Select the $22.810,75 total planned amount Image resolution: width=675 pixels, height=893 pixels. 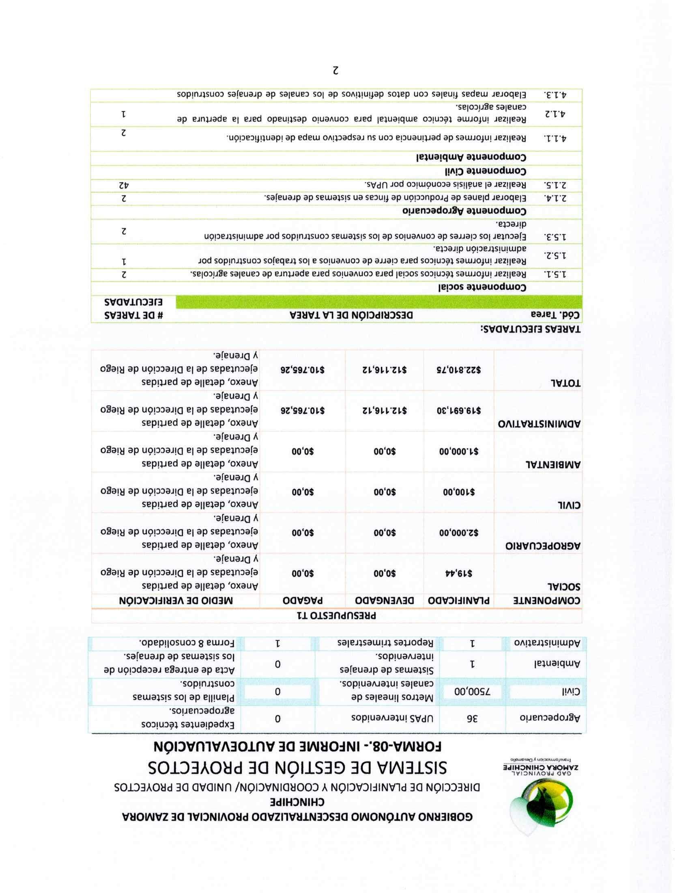459,370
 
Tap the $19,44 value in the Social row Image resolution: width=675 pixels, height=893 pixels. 459,573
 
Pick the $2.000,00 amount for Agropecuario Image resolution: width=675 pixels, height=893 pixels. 459,532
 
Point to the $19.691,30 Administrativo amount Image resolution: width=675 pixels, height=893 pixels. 459,410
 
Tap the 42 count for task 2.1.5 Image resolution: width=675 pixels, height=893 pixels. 124,185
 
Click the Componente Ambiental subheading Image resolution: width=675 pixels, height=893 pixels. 471,157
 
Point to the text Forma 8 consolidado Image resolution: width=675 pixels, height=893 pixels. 187,643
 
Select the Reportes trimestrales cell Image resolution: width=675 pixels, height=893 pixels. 385,643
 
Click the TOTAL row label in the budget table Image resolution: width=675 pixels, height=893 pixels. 565,383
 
